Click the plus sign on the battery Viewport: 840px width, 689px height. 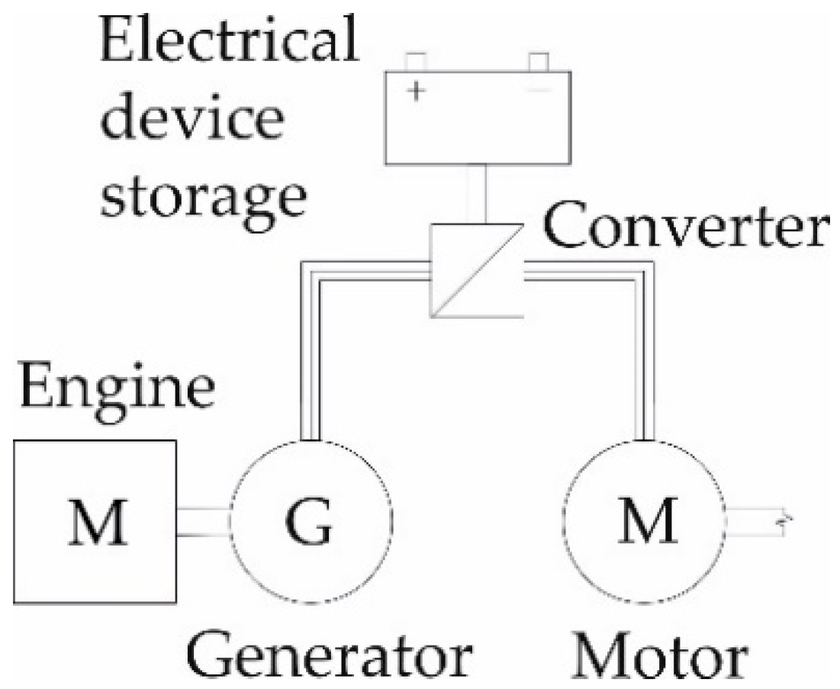coord(417,92)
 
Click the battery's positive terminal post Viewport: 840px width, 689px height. coord(416,61)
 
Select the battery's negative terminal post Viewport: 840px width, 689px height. coord(539,61)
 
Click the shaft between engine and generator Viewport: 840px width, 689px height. coord(203,523)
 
